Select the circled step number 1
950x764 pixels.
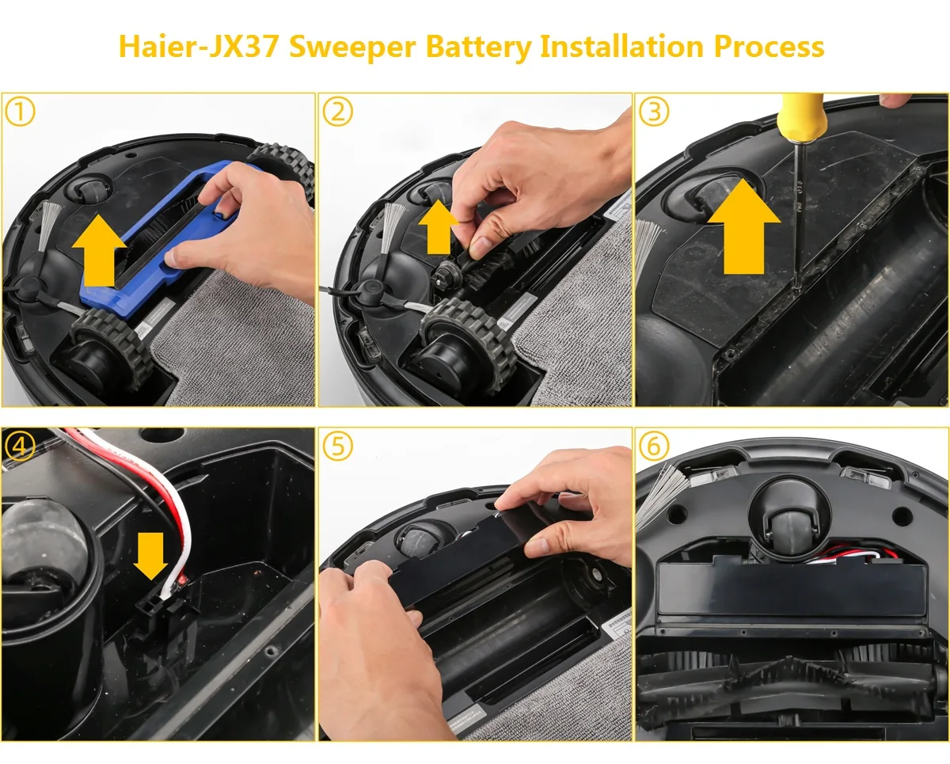tap(20, 112)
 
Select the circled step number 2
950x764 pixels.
tap(337, 112)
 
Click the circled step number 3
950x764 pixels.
tap(654, 112)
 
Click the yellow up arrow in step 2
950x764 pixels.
tap(438, 225)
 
